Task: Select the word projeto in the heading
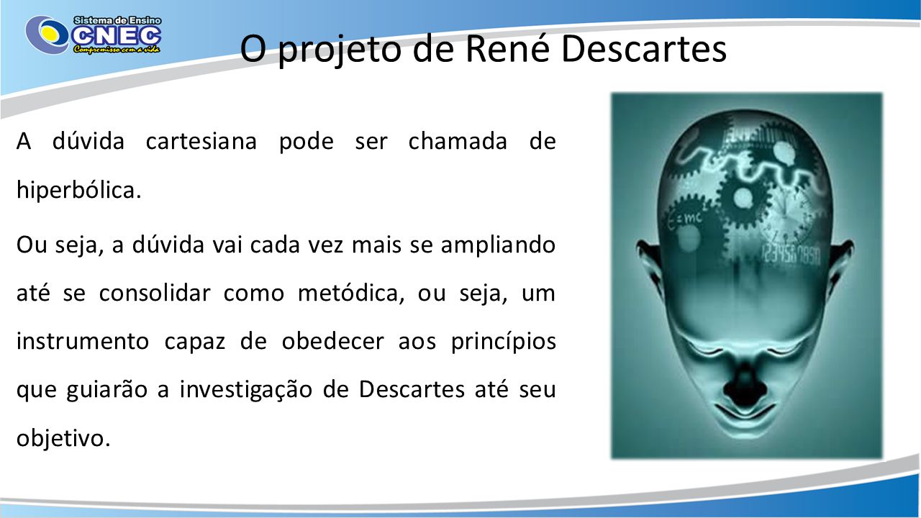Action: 339,51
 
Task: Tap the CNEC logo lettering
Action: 117,36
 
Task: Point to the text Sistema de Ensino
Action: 117,21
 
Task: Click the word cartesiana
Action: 201,141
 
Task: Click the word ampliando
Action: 498,246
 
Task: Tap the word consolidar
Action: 155,292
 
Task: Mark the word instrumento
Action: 82,341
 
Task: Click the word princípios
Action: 503,342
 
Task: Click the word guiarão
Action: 107,391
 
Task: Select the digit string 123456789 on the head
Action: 791,255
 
